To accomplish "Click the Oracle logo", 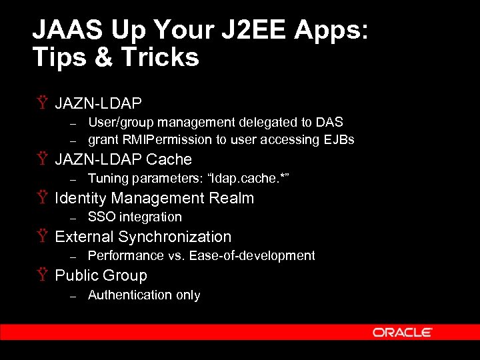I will click(402, 332).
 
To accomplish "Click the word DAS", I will click(330, 122).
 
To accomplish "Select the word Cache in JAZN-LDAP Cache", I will click(169, 159).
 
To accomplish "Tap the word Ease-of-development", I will click(252, 255).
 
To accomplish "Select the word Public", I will click(75, 275).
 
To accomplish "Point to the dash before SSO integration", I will click(74, 217).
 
